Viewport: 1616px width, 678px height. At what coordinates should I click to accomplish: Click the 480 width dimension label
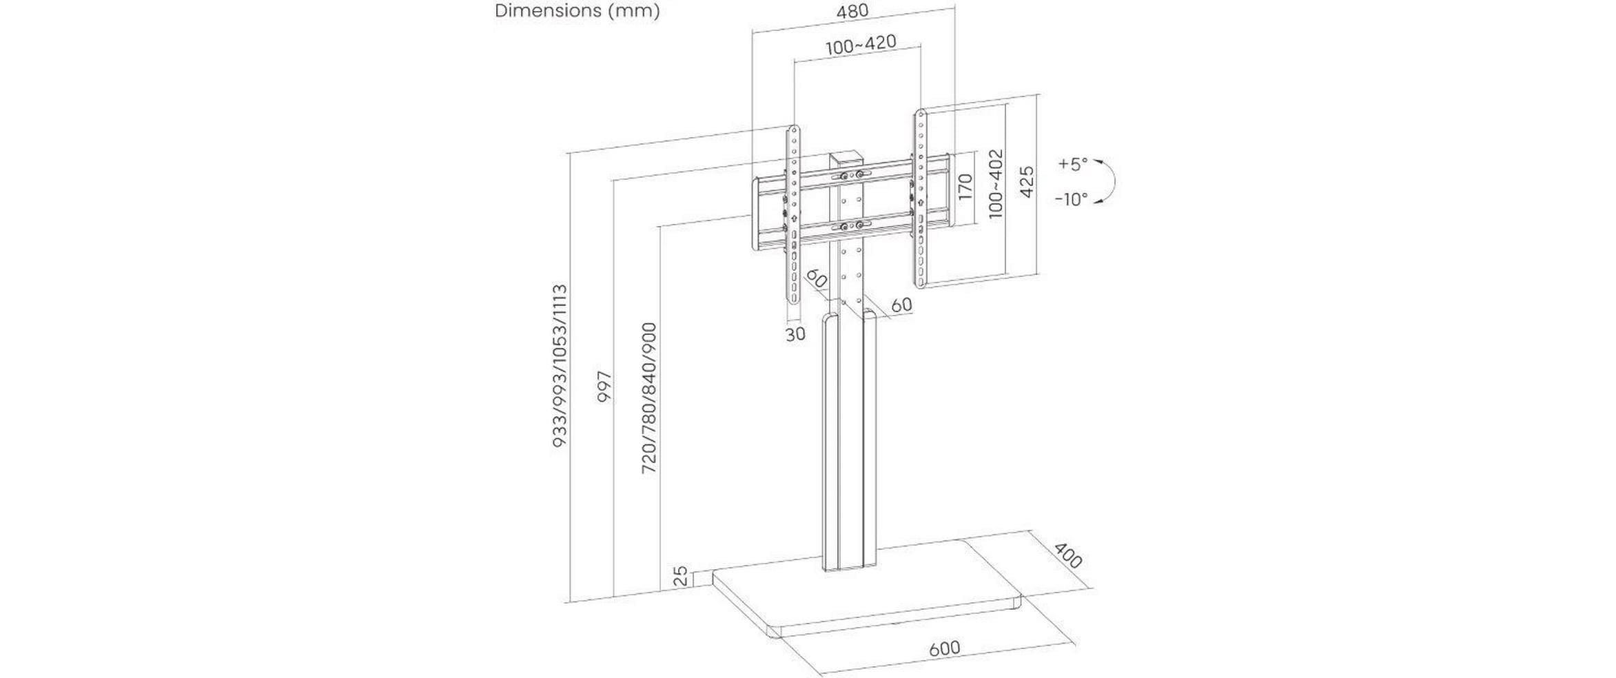click(852, 12)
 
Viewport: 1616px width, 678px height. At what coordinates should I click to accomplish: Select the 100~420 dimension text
click(861, 45)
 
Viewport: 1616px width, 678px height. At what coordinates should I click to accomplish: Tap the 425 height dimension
click(1026, 182)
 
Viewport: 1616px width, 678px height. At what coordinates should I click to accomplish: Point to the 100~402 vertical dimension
click(995, 184)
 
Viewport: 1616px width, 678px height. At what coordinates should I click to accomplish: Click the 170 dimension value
click(965, 187)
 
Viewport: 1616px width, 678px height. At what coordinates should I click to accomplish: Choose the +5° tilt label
click(1072, 164)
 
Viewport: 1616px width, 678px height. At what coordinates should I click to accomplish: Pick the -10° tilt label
click(1071, 199)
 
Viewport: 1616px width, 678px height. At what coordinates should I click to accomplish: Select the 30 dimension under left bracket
click(795, 334)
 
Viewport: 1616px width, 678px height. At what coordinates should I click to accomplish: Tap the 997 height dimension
click(604, 387)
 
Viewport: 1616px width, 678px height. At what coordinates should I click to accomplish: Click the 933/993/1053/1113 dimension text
click(560, 366)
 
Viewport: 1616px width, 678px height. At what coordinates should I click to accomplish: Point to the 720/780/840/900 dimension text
click(648, 398)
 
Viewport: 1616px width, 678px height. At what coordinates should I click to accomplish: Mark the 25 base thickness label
click(680, 576)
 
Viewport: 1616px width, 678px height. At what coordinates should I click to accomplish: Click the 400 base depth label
click(1067, 555)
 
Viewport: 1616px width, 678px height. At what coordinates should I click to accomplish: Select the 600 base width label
click(944, 648)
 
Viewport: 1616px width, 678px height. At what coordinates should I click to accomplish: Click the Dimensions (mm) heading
click(577, 11)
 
